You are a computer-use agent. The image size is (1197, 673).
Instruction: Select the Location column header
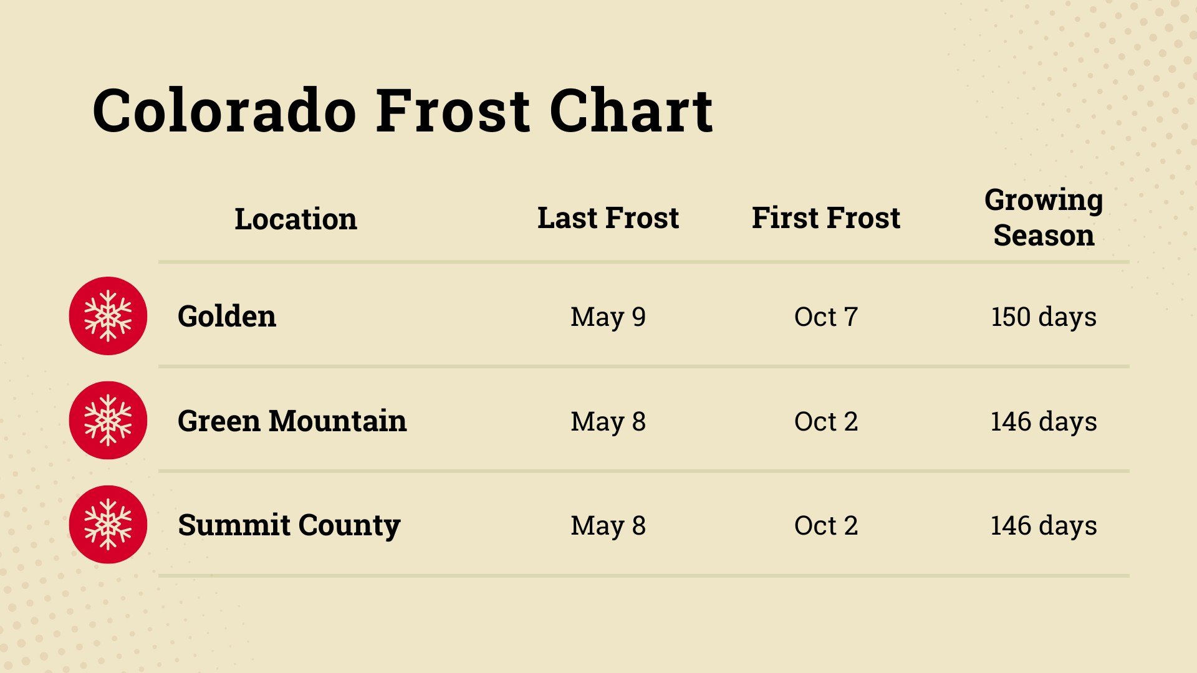(x=296, y=219)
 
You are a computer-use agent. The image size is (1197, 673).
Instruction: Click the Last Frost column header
(x=608, y=217)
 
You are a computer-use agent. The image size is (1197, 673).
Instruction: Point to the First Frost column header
(x=825, y=217)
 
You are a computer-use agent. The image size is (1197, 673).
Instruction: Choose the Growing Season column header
(x=1044, y=217)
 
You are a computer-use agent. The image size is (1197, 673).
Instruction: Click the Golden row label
(x=227, y=316)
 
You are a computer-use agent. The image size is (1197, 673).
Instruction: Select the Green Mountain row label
(x=292, y=421)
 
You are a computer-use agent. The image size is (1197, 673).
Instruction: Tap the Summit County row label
(x=289, y=525)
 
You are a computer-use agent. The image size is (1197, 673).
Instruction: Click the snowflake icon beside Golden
(x=108, y=316)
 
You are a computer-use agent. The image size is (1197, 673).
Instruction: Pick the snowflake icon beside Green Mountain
(x=108, y=421)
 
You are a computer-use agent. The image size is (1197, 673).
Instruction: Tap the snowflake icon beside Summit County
(x=108, y=525)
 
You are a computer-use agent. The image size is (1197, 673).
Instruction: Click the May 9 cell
(x=608, y=317)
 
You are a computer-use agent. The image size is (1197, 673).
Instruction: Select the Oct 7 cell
(x=825, y=317)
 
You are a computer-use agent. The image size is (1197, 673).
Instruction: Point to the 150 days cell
(x=1044, y=317)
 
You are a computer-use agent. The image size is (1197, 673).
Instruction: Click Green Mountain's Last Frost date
(x=608, y=421)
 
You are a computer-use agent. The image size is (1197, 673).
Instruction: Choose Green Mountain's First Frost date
(x=825, y=421)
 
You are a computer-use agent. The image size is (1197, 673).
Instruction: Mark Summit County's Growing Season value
(x=1044, y=525)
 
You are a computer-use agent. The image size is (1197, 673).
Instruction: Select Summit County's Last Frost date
(x=608, y=525)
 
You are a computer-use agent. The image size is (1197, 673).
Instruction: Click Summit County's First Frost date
(x=825, y=525)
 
